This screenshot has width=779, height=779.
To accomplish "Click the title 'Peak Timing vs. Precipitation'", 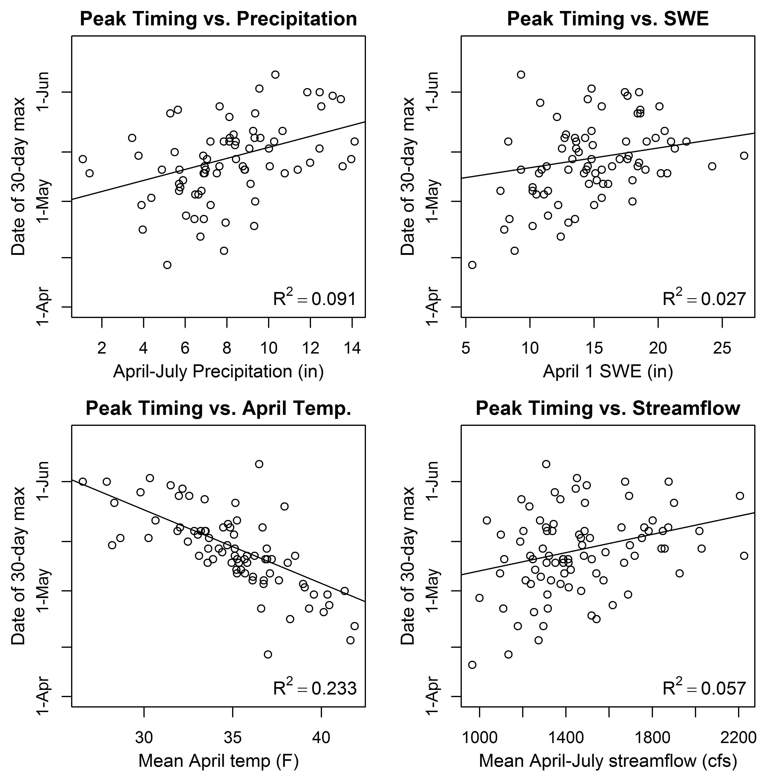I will click(x=218, y=19).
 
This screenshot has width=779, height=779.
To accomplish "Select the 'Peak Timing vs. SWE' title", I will click(x=608, y=19).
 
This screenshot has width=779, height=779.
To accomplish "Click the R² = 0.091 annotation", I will click(x=315, y=298).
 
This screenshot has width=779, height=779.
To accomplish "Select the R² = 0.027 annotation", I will click(x=704, y=298).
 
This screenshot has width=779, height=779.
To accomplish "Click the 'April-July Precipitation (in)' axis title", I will click(x=218, y=371).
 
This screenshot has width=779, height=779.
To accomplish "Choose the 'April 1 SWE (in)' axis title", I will click(x=608, y=371).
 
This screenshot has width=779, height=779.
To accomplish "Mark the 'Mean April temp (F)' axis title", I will click(x=218, y=760).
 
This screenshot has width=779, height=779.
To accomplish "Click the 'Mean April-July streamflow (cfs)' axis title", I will click(x=608, y=760).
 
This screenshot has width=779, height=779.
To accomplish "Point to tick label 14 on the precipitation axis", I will click(x=352, y=348).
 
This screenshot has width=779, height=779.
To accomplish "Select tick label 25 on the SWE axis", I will click(x=722, y=348).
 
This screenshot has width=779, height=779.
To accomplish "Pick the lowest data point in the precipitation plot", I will click(x=167, y=265).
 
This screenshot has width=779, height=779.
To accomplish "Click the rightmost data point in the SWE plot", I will click(x=744, y=156).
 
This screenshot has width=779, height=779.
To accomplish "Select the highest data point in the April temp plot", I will click(x=259, y=464).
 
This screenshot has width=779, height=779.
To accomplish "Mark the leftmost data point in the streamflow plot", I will click(x=472, y=665).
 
